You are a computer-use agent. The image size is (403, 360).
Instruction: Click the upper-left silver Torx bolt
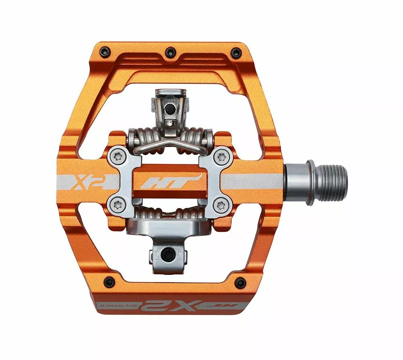[x=117, y=156]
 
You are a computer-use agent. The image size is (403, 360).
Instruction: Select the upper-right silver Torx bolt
[x=221, y=156]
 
